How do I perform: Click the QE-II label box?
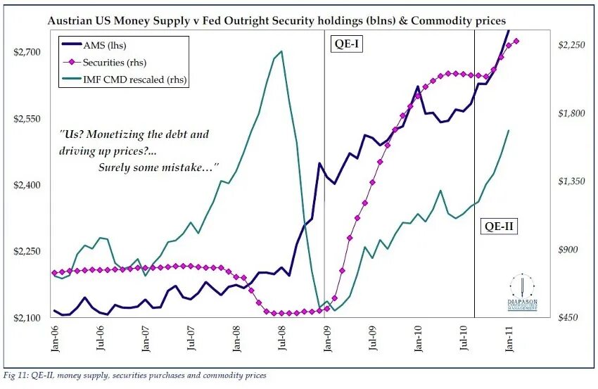[499, 226]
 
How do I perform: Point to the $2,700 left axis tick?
[27, 52]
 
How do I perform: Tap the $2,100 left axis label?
[27, 318]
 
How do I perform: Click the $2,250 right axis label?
[571, 45]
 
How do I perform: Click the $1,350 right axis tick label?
[571, 181]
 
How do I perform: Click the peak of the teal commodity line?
[281, 51]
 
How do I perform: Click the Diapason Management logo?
[523, 293]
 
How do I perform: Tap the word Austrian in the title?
[73, 21]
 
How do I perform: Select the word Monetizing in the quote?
[127, 134]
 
